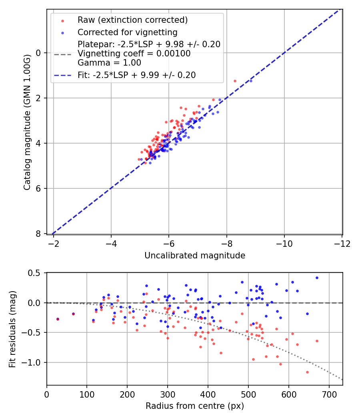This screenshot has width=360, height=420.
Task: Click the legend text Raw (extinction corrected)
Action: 132,20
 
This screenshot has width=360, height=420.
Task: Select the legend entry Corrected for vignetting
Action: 127,32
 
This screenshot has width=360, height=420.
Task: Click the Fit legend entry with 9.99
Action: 137,75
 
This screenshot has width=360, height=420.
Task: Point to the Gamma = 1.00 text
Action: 109,62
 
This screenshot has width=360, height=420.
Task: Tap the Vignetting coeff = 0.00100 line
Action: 134,53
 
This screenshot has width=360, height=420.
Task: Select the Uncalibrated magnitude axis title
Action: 194,255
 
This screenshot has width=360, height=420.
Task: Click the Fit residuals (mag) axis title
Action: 12,329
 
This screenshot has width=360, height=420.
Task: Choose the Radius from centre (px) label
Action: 194,406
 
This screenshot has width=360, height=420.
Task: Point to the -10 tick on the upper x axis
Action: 284,244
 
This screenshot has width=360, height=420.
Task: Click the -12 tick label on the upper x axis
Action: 342,244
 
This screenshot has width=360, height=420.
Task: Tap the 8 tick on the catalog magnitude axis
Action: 39,234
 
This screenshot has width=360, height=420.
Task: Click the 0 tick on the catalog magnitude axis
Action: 39,53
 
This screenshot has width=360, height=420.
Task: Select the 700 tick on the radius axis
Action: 329,395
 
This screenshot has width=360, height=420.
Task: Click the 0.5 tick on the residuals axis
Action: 35,273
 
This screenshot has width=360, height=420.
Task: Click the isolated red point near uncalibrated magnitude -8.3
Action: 235,81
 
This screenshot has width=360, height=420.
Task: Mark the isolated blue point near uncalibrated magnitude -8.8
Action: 251,81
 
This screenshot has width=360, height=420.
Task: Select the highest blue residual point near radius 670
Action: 317,278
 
